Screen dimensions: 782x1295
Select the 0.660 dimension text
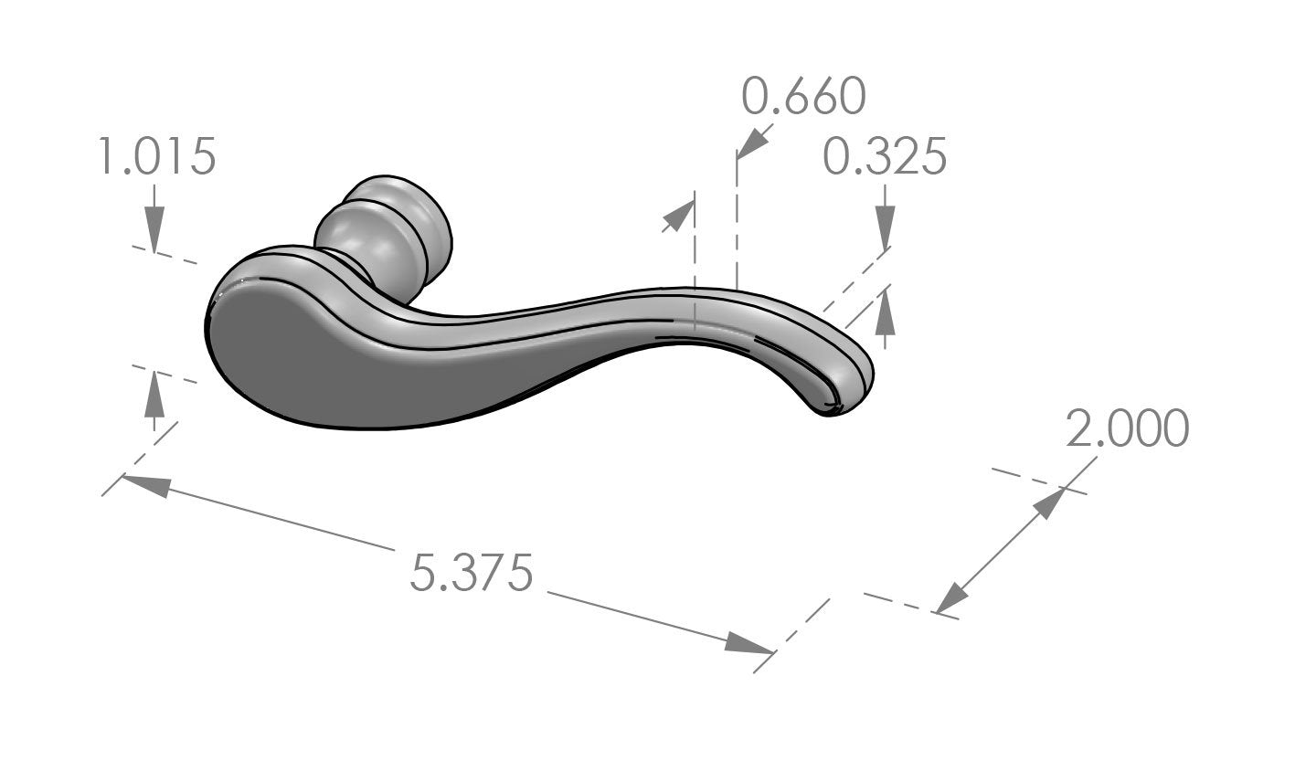(802, 96)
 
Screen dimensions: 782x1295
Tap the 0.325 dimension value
(884, 156)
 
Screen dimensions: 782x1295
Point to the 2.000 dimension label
(1127, 428)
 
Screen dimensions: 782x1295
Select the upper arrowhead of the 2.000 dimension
(1048, 504)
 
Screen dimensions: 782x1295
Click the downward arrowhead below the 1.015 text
(154, 227)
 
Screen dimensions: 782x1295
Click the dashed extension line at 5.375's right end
(791, 636)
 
